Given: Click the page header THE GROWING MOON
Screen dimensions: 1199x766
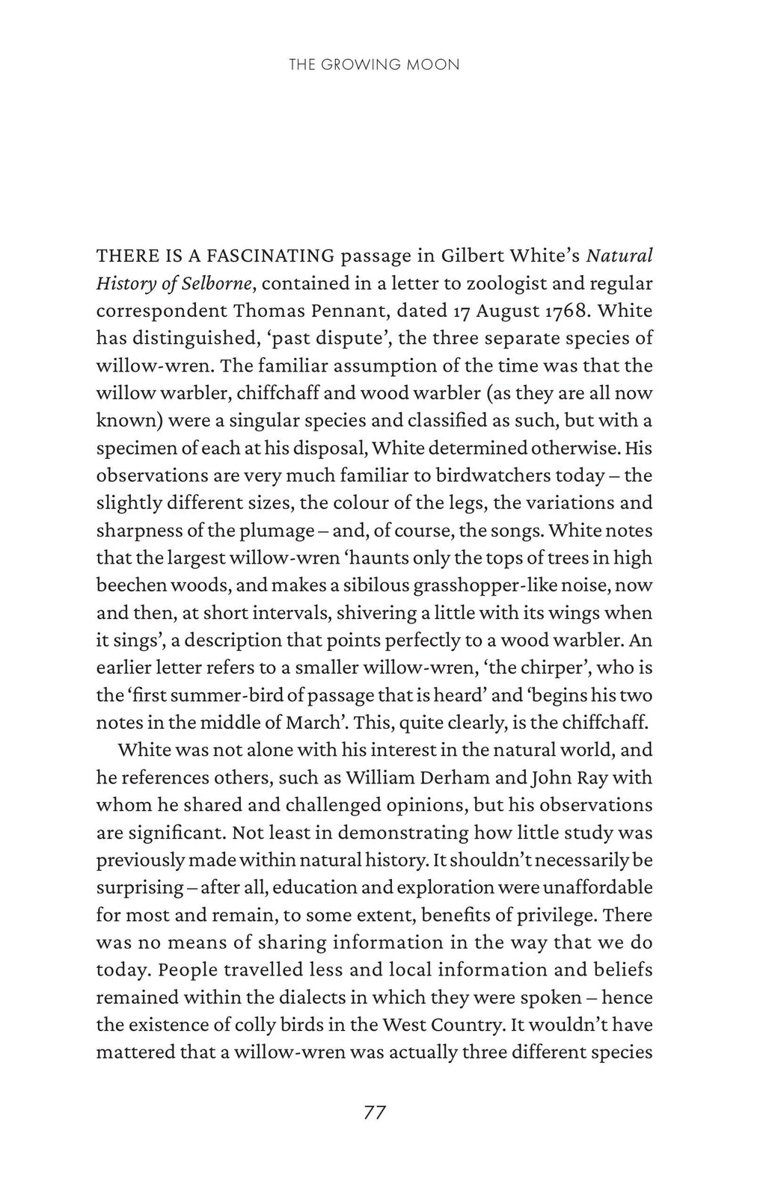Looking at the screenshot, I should (x=373, y=65).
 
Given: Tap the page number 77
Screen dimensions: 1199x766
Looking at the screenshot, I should (x=374, y=1112).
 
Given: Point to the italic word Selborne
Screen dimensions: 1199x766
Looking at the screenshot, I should (x=213, y=284).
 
